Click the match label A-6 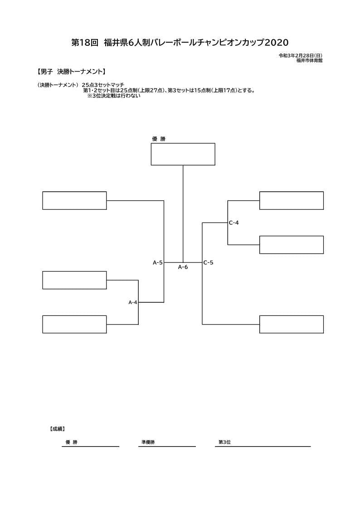pos(183,267)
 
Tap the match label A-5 pos(158,262)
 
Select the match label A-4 pos(133,302)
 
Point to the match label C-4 pos(234,223)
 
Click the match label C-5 pos(209,262)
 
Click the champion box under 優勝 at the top pos(183,154)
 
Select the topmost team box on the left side pos(74,201)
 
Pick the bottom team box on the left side pos(74,324)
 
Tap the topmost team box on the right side pos(291,201)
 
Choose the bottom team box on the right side pos(291,324)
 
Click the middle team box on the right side pos(291,245)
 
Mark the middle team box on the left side pos(74,280)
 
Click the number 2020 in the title pos(277,43)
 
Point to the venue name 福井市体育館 pos(309,60)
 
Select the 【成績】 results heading pos(57,429)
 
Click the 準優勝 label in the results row pos(148,442)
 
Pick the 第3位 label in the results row pos(224,442)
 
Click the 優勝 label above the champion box pos(159,139)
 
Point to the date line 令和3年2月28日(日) pos(301,55)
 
